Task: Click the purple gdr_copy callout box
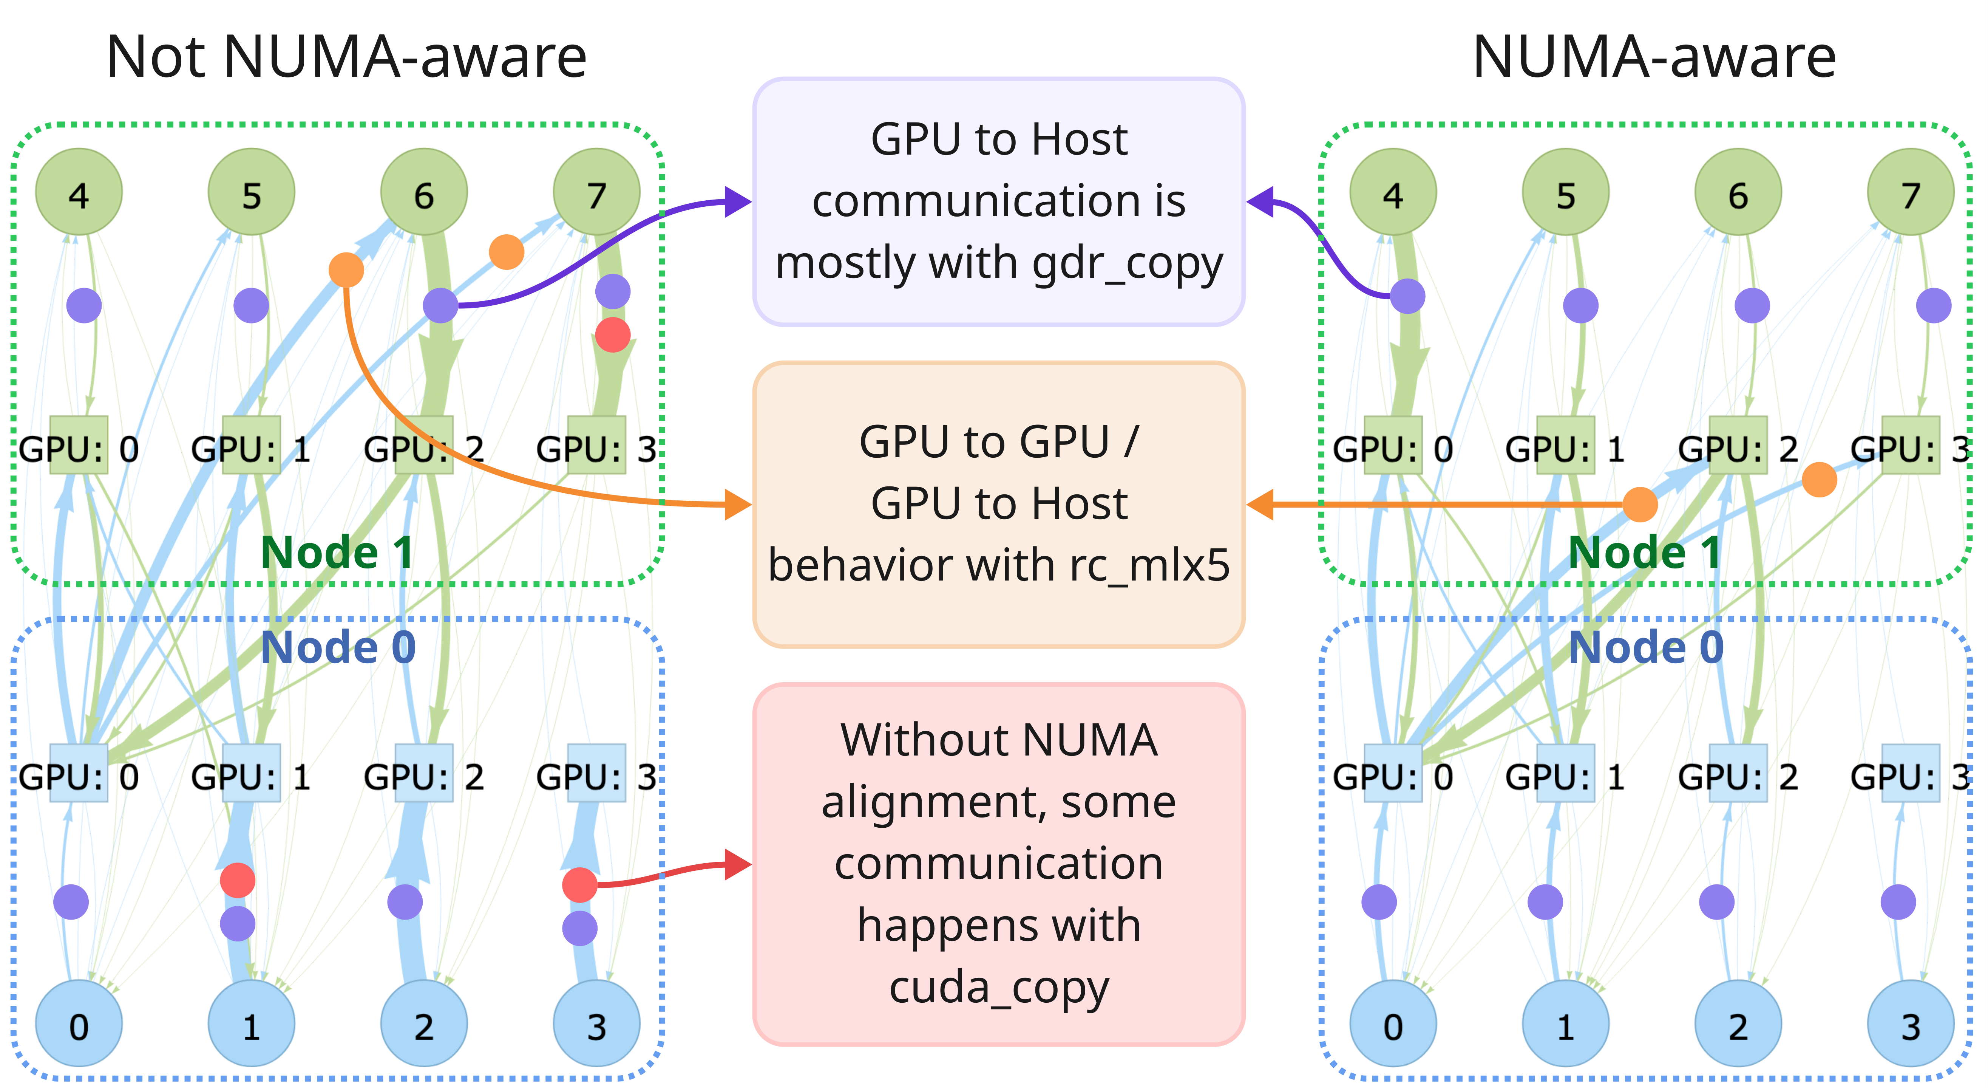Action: [999, 201]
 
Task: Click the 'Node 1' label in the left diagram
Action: [337, 553]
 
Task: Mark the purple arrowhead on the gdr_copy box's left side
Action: [738, 202]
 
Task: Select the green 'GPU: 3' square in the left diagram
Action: [596, 444]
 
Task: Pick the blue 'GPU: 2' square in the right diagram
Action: [1738, 773]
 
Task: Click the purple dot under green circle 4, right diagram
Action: [1408, 296]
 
